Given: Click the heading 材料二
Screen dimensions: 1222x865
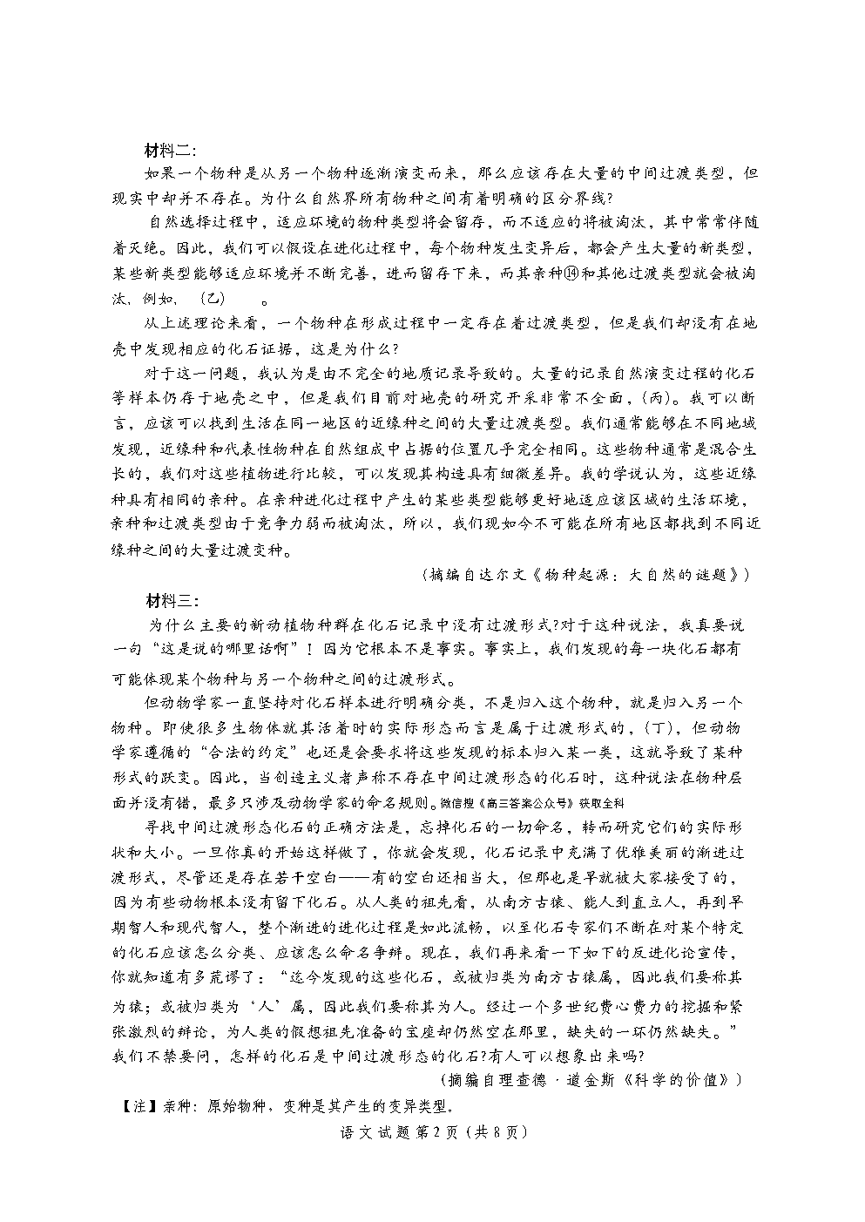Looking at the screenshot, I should click(172, 151).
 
